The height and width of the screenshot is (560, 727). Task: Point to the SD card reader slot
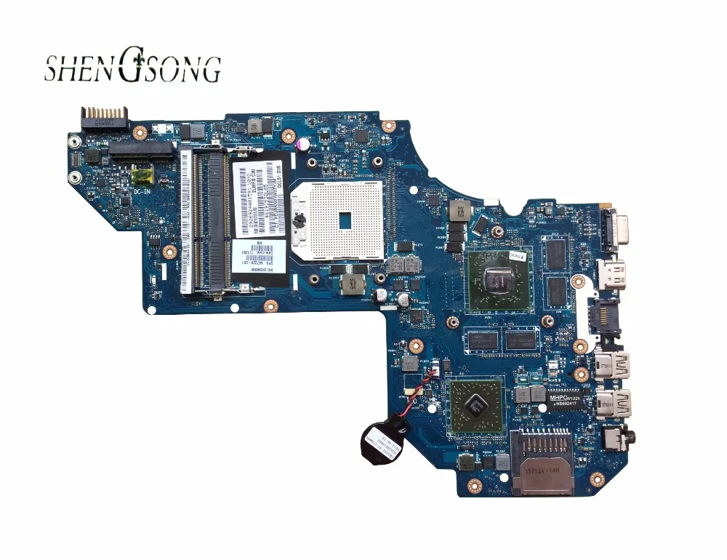point(543,463)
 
